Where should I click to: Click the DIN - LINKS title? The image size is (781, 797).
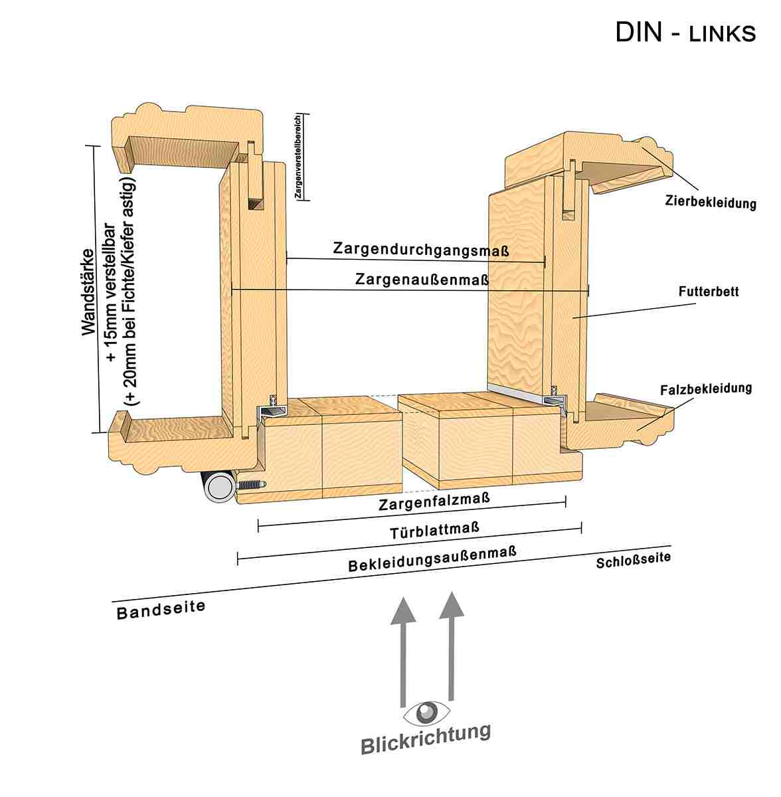pyautogui.click(x=685, y=32)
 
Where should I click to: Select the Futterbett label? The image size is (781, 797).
pyautogui.click(x=709, y=291)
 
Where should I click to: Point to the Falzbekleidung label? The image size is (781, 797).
pyautogui.click(x=706, y=389)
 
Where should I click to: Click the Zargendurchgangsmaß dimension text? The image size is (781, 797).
pyautogui.click(x=421, y=250)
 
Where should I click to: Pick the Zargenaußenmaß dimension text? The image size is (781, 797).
pyautogui.click(x=422, y=280)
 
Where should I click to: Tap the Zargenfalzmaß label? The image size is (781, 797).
pyautogui.click(x=435, y=501)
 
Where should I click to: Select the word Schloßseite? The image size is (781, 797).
pyautogui.click(x=633, y=561)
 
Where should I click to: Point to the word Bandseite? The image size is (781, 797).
pyautogui.click(x=161, y=608)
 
